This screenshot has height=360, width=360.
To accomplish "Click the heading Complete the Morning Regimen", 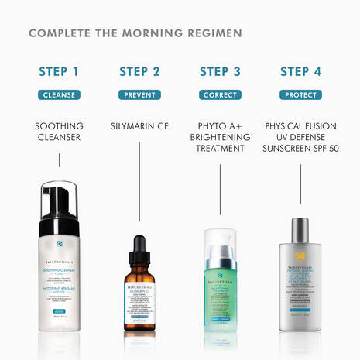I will (135, 33).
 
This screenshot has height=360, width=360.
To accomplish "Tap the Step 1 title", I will (59, 72).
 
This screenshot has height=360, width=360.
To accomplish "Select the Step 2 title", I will (139, 72).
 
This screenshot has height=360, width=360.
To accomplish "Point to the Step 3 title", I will (220, 72).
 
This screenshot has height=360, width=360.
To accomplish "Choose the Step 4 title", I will (300, 72).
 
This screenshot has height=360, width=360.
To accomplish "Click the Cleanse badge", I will (59, 95).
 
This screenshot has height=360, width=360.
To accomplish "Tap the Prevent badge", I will (139, 95).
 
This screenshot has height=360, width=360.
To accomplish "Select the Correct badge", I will (220, 95).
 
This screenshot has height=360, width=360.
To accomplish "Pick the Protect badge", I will (300, 95).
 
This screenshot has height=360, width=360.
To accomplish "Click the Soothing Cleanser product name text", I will (59, 132).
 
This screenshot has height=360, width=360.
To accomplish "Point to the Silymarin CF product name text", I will (139, 125).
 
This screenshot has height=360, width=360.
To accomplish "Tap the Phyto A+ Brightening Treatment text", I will (220, 138).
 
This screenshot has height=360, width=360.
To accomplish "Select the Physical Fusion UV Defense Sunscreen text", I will (300, 138).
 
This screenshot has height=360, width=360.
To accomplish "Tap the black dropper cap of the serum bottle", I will (139, 252).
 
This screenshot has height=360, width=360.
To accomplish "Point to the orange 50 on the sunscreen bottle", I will (299, 256).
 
